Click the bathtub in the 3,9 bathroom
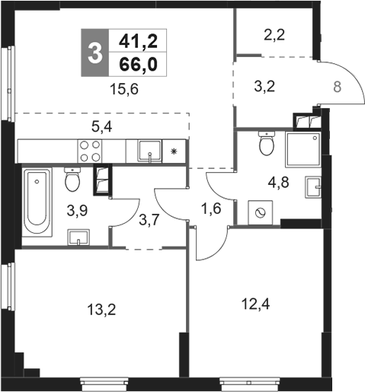(x=37, y=202)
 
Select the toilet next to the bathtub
(x=72, y=180)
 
